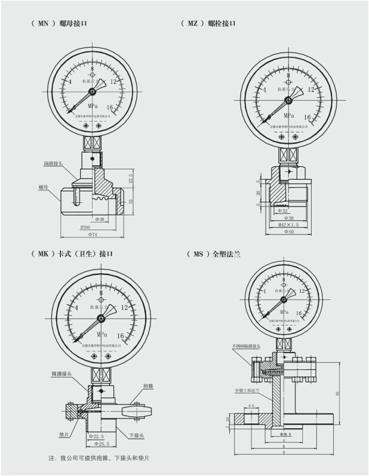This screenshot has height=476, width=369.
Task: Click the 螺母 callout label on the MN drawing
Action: tap(42, 187)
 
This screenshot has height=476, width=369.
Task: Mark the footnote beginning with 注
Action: tap(99, 458)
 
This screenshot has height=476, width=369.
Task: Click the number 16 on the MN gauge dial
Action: tap(110, 107)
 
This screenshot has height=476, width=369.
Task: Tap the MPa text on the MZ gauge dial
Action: tap(288, 116)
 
